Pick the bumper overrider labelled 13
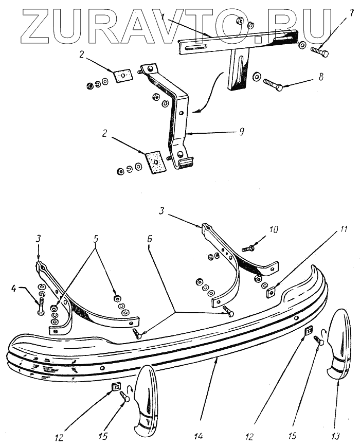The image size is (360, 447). tap(336, 345)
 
